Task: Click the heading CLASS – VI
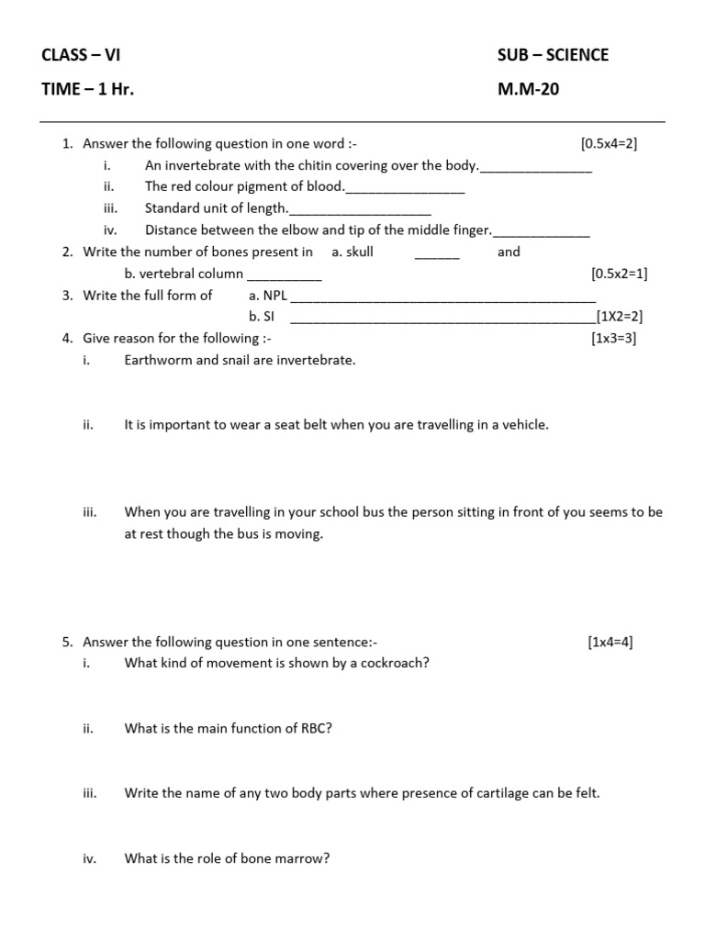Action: tap(81, 55)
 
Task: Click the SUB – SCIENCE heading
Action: tap(553, 55)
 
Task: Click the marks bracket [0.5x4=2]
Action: tap(609, 144)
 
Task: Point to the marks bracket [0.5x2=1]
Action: tap(620, 274)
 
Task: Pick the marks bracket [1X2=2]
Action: tap(620, 317)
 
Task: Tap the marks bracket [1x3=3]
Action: tap(614, 339)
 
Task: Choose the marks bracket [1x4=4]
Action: tap(610, 643)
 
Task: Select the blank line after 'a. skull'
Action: tap(437, 254)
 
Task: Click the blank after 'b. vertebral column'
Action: tap(285, 275)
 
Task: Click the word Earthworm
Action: tap(157, 361)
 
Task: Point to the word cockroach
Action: tap(396, 664)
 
